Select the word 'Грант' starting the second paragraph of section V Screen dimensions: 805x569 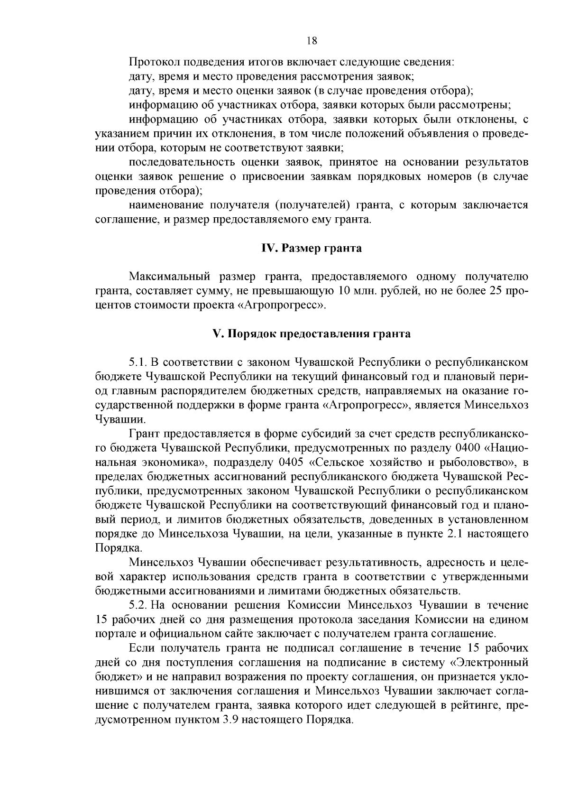[144, 434]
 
